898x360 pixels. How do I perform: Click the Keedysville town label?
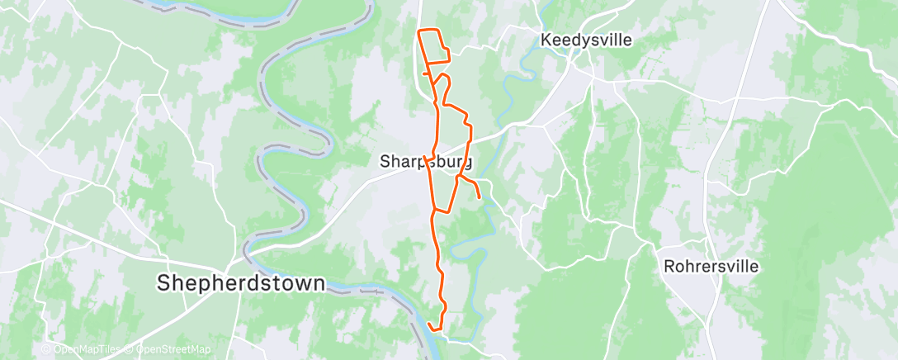pos(585,40)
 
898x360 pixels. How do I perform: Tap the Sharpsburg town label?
pos(426,161)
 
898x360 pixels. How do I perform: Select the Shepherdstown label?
pos(241,283)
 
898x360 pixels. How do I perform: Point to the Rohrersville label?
pos(711,267)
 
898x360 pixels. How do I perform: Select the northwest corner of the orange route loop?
pos(420,31)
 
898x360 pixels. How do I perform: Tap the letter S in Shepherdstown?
pos(164,283)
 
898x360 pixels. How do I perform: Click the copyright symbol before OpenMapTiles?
pos(46,350)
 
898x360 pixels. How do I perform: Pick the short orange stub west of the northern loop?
pos(424,73)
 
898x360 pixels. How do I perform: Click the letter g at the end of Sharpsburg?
pos(467,163)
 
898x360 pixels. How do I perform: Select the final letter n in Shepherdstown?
pos(319,283)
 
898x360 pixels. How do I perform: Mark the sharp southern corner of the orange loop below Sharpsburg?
pos(434,211)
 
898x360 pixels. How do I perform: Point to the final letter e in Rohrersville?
pos(754,267)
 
